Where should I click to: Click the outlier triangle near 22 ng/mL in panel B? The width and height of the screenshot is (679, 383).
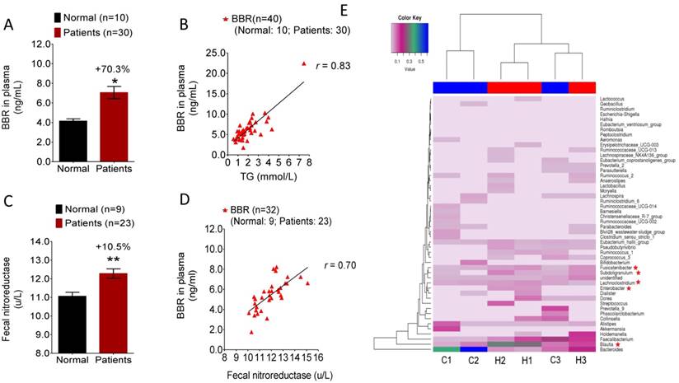coord(302,63)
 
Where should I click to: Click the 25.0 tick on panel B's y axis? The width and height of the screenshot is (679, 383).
coord(214,53)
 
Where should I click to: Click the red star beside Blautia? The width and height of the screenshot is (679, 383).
coord(629,341)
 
